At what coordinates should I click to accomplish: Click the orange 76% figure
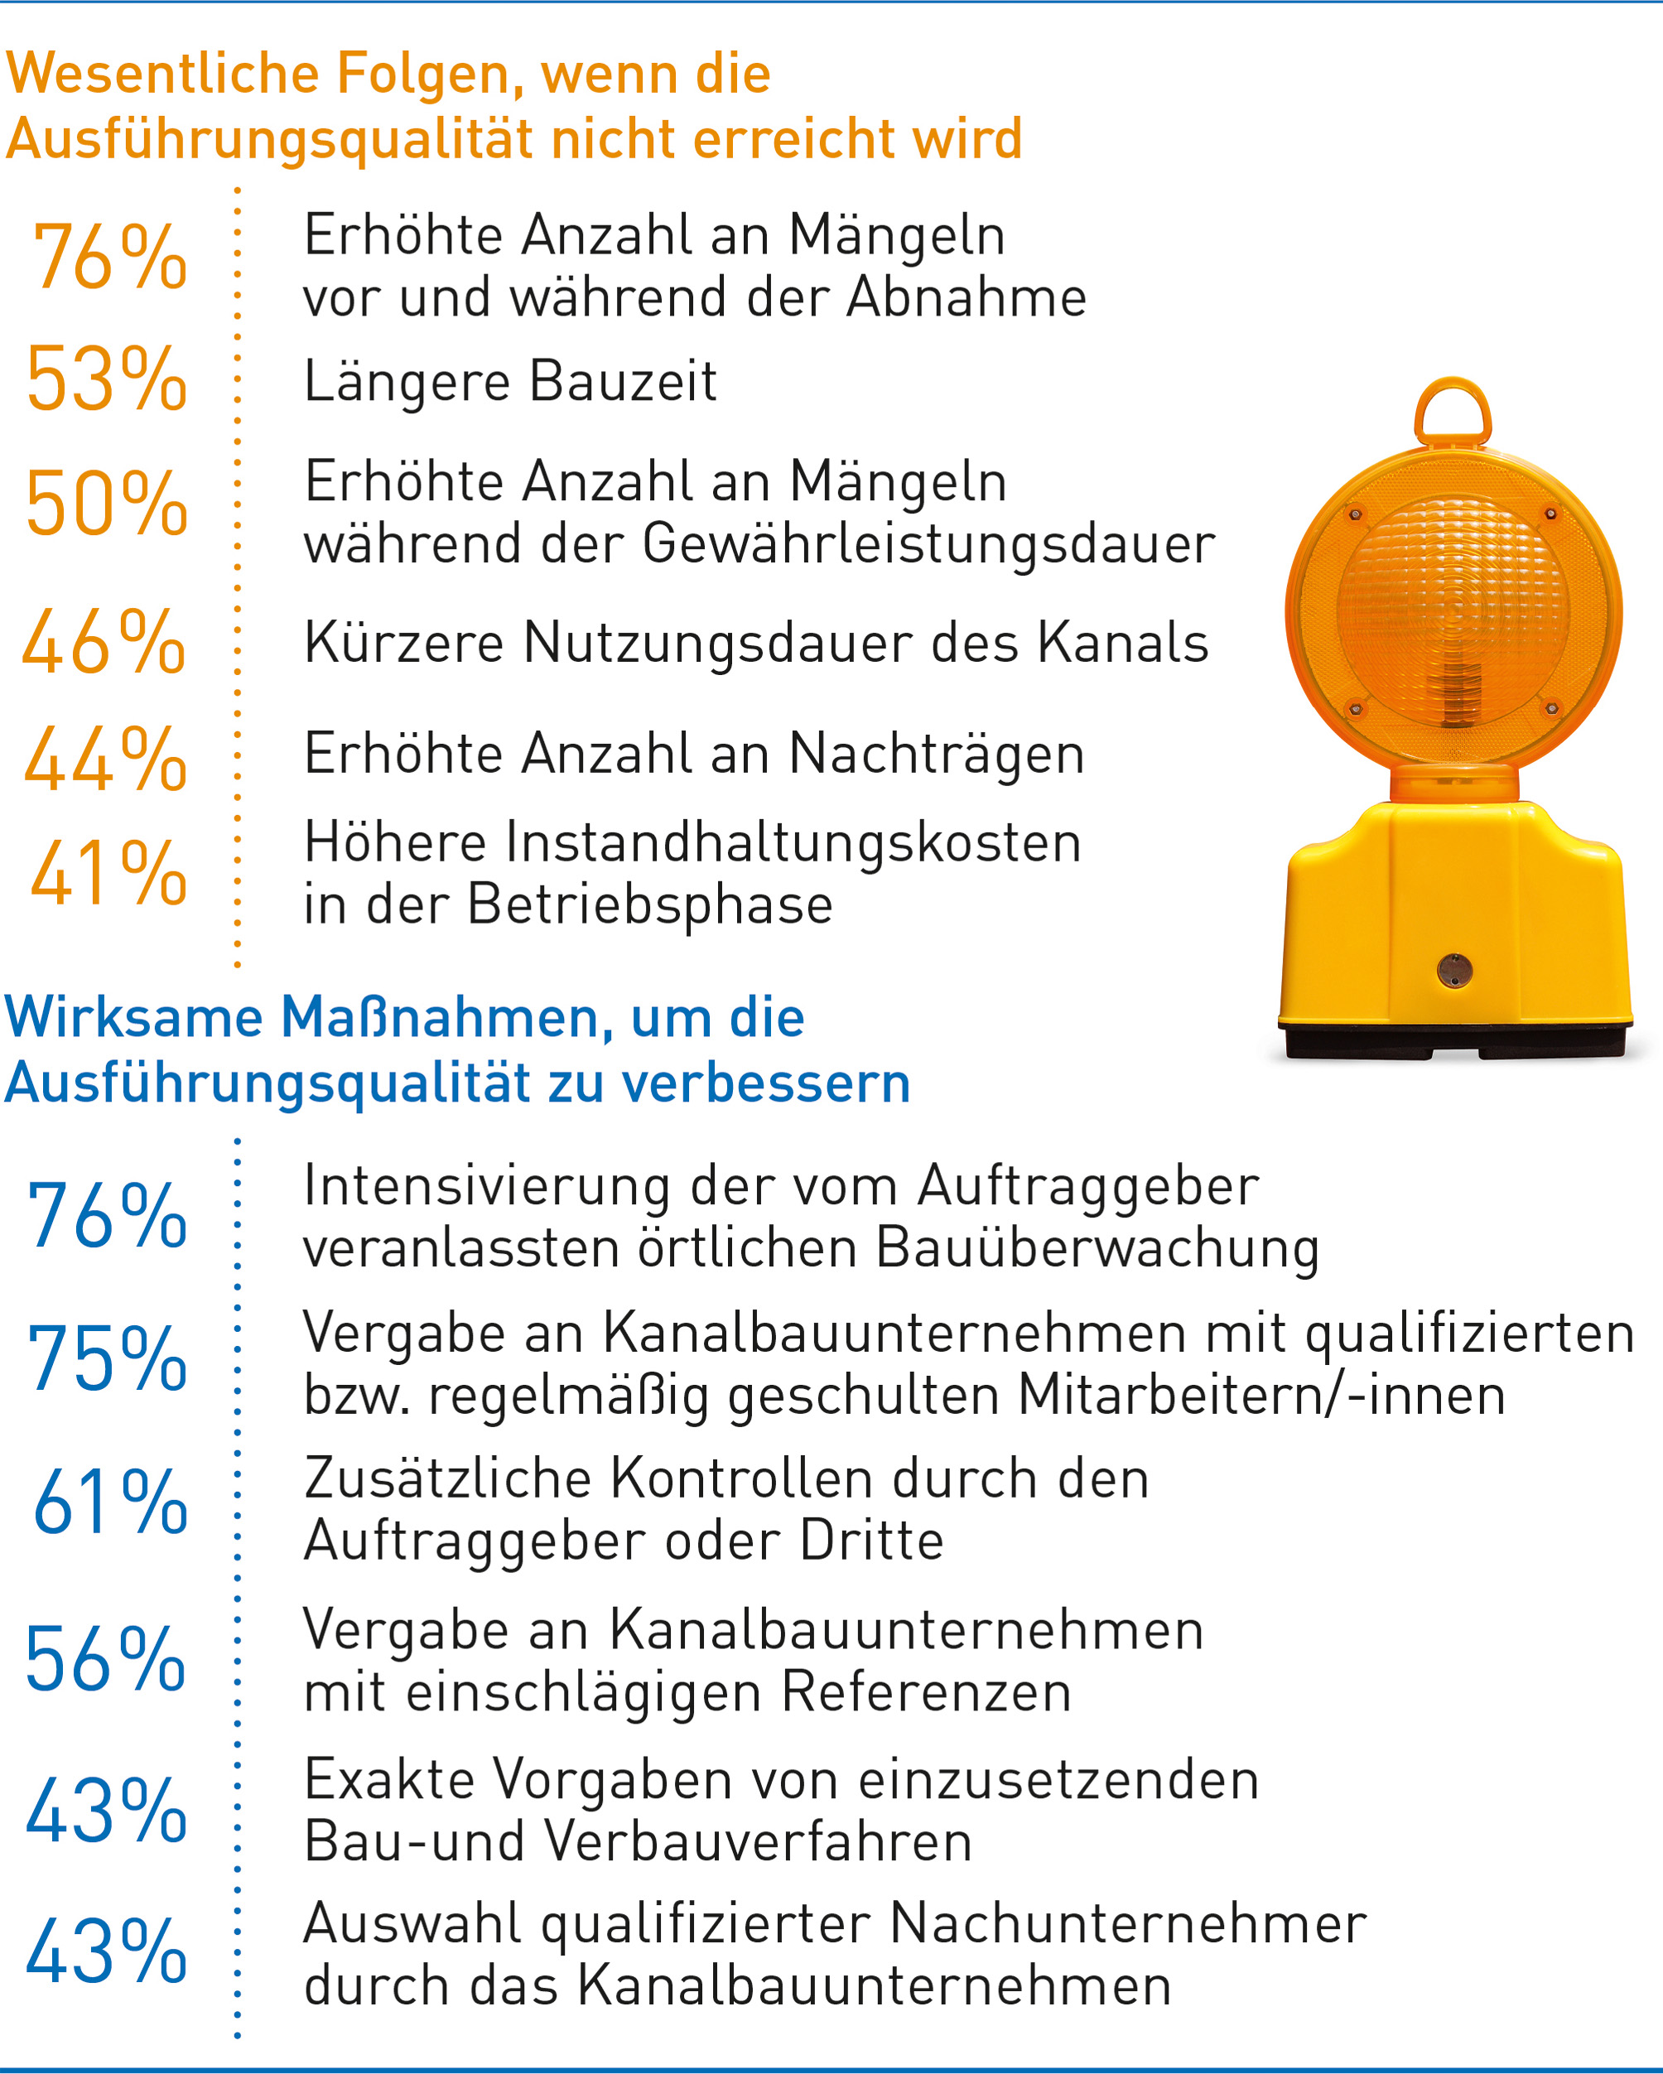108,257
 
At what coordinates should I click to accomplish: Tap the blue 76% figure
107,1217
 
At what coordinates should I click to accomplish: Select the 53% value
106,380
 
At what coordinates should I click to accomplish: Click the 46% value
104,643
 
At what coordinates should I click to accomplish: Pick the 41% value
108,874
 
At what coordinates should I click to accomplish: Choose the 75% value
107,1359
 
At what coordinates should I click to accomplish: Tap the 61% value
109,1502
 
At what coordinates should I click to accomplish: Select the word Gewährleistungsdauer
928,544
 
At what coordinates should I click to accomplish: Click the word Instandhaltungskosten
793,844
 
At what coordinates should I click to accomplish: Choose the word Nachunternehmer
1127,1925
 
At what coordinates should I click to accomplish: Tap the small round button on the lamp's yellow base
1454,970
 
